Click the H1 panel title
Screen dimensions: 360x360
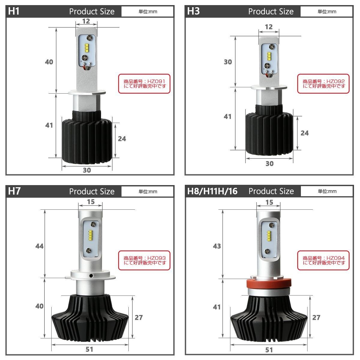[x=13, y=11]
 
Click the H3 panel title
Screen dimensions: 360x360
[x=193, y=11]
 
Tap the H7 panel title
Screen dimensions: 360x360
[x=14, y=191]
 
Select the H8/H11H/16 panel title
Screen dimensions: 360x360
[x=212, y=191]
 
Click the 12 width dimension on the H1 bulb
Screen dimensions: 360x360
[x=86, y=21]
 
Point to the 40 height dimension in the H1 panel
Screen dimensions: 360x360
[x=49, y=62]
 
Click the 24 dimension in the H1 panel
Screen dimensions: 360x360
[x=122, y=139]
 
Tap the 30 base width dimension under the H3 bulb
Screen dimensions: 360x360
[x=269, y=164]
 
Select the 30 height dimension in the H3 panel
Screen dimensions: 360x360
[x=228, y=62]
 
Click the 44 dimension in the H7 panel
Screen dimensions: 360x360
[x=39, y=246]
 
